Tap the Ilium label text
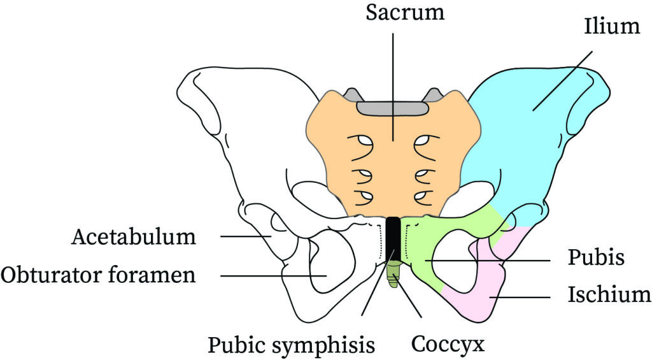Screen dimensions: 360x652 click(611, 27)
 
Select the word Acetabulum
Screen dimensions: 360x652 click(132, 237)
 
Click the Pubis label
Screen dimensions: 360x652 click(595, 259)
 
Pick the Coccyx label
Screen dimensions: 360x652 click(448, 345)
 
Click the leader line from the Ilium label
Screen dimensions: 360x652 click(563, 80)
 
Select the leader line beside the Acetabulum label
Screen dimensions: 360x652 click(245, 236)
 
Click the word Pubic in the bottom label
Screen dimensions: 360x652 click(239, 345)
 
